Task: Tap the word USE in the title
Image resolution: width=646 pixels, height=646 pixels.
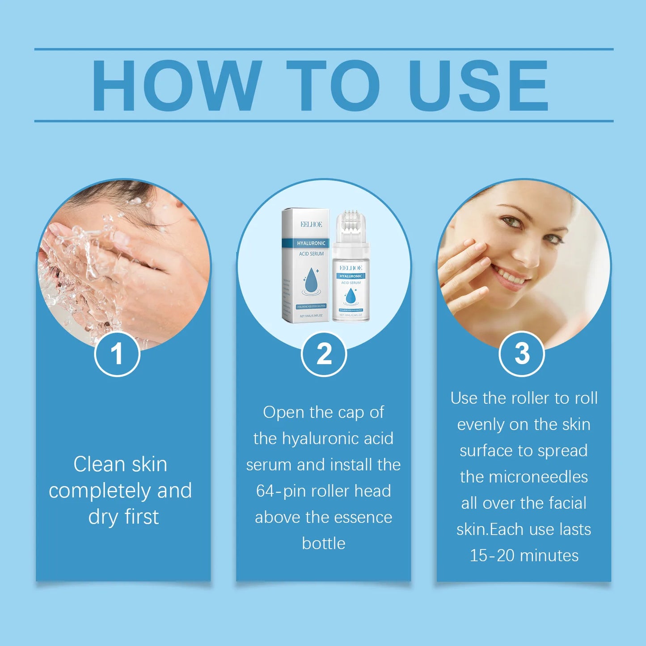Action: click(x=478, y=85)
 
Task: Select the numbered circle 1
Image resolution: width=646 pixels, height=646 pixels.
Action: click(x=117, y=354)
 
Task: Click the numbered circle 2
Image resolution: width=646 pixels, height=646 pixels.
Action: click(x=324, y=354)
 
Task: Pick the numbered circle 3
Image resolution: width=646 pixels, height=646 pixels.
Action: click(x=521, y=354)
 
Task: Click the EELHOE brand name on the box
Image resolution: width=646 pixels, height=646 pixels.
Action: click(x=311, y=224)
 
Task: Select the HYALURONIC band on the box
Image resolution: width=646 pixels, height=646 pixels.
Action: click(x=311, y=243)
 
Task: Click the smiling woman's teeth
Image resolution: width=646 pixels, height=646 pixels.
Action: click(x=510, y=276)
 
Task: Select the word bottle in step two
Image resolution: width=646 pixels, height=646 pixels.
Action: click(x=324, y=543)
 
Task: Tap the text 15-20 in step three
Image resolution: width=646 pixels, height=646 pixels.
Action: click(x=492, y=555)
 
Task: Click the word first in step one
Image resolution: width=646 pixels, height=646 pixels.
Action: click(x=142, y=516)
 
